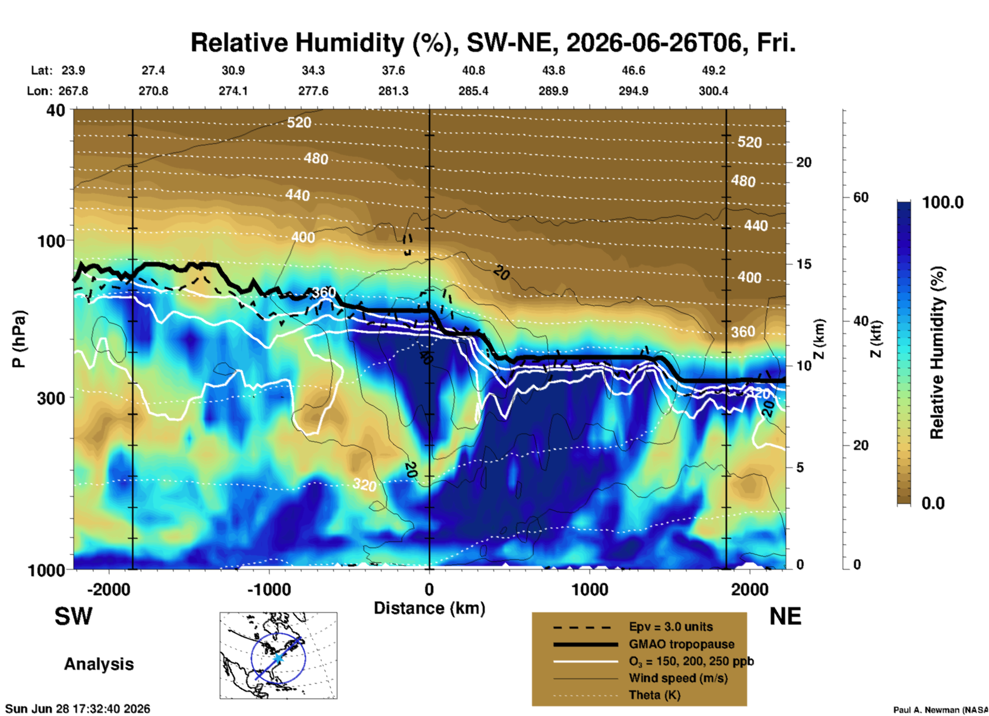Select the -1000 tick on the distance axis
click(x=269, y=589)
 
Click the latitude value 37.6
click(x=393, y=70)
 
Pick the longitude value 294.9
click(x=633, y=91)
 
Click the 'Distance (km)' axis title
click(x=429, y=608)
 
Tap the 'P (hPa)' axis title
click(x=18, y=338)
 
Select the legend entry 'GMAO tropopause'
click(x=681, y=644)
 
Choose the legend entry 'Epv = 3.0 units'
click(x=671, y=627)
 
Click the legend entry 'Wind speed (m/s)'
click(x=678, y=678)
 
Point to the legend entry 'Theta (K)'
click(x=655, y=695)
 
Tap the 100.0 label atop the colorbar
click(x=943, y=202)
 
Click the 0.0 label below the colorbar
click(x=933, y=503)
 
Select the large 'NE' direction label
click(x=785, y=616)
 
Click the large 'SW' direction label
click(x=73, y=616)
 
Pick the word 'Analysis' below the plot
click(x=99, y=664)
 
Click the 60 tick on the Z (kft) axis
click(x=861, y=197)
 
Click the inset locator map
click(x=278, y=655)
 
